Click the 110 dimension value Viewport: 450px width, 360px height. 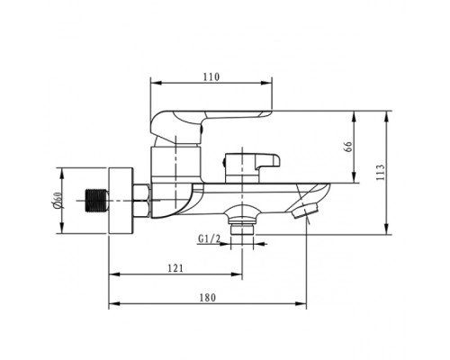click(211, 76)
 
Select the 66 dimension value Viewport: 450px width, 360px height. click(348, 147)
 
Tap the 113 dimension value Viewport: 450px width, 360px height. click(380, 172)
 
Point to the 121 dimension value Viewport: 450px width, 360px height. click(175, 268)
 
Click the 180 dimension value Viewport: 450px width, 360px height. click(208, 298)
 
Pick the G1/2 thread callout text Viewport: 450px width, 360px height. click(209, 238)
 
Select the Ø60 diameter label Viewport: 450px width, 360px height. click(57, 201)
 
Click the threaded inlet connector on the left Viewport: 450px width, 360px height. click(97, 201)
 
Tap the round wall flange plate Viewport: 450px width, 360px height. click(121, 201)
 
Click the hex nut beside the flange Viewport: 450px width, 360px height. click(141, 201)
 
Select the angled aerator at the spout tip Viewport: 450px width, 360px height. click(304, 210)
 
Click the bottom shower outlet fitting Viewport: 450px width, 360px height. click(242, 222)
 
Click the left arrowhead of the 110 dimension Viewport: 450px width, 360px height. click(156, 83)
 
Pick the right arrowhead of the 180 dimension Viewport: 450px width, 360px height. click(301, 303)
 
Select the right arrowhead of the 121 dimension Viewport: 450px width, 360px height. click(237, 274)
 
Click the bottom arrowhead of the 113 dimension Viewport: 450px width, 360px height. click(387, 229)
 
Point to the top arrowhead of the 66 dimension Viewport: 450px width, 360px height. click(355, 117)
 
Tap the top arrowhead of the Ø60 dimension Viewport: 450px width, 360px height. click(62, 174)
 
